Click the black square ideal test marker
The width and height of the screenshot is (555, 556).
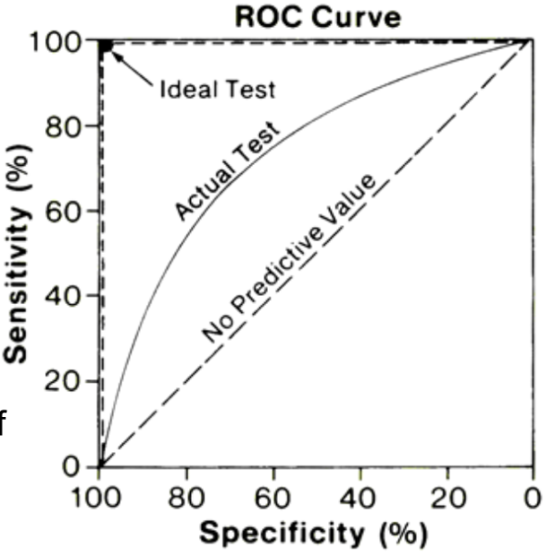tap(106, 46)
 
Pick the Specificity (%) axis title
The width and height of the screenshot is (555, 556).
tap(313, 535)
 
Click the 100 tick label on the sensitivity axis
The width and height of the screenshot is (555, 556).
tap(57, 42)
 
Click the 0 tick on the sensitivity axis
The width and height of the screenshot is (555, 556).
tap(78, 466)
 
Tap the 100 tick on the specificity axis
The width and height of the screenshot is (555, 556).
tap(100, 499)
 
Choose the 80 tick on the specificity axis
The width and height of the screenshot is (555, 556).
tap(187, 499)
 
